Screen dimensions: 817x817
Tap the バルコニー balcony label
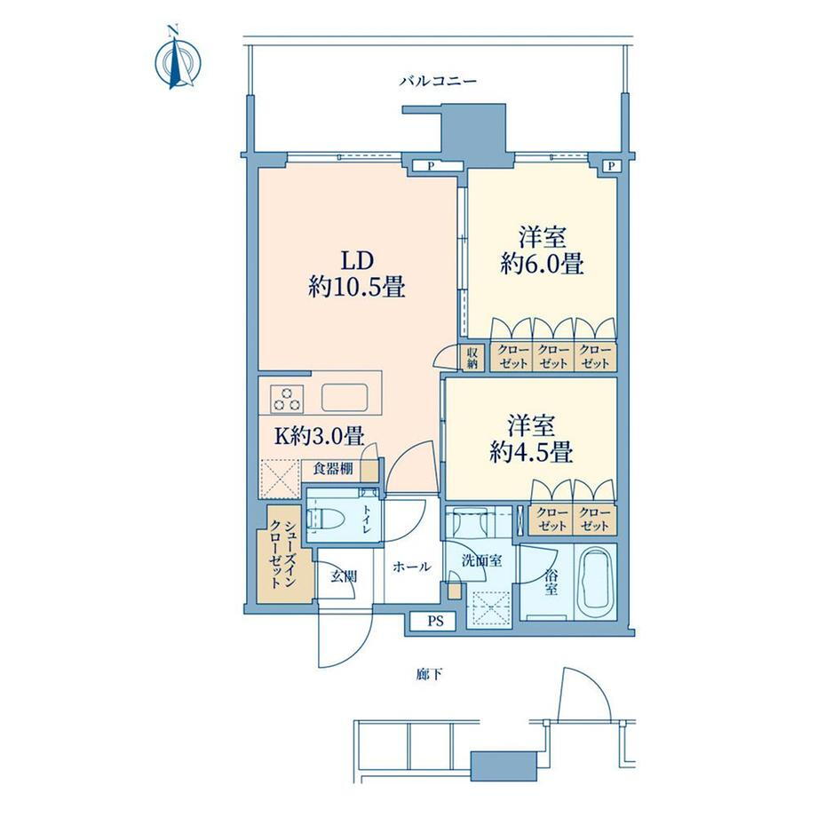point(438,82)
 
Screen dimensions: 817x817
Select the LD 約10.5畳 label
point(357,274)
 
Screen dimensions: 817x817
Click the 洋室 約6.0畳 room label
point(542,251)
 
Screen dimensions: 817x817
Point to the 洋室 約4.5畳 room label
point(531,440)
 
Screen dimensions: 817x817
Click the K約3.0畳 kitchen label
point(319,436)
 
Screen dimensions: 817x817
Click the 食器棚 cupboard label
point(333,469)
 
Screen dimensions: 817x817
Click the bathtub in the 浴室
point(595,581)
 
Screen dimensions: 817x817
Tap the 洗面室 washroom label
point(482,561)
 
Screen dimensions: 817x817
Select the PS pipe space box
point(434,622)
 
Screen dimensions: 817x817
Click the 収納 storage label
point(472,358)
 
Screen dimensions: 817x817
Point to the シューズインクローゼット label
point(283,553)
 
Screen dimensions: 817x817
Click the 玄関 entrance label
point(344,576)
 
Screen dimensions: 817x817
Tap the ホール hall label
point(412,567)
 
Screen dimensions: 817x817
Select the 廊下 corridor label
point(429,674)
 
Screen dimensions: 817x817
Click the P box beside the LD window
point(431,166)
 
